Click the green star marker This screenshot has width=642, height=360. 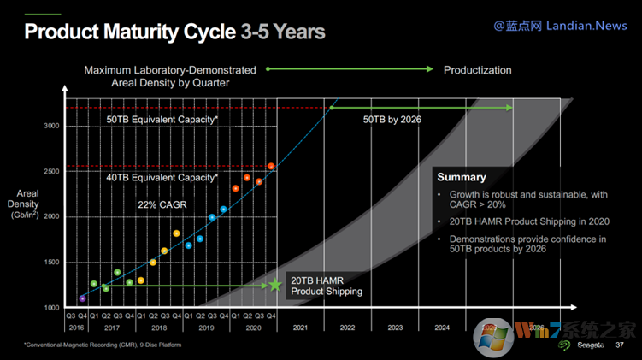click(275, 284)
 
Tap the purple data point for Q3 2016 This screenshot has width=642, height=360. click(82, 298)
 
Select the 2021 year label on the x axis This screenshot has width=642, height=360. click(299, 328)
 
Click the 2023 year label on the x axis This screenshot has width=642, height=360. click(395, 328)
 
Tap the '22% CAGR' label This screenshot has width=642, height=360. click(162, 206)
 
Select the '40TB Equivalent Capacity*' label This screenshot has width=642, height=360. click(162, 178)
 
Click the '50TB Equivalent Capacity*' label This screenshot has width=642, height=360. click(162, 121)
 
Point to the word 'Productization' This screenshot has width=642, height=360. click(477, 70)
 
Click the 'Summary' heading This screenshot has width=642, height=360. click(462, 178)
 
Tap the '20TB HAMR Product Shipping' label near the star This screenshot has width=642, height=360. click(327, 286)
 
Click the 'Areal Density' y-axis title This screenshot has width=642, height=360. click(23, 206)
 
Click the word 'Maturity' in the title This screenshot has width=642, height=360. click(180, 32)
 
